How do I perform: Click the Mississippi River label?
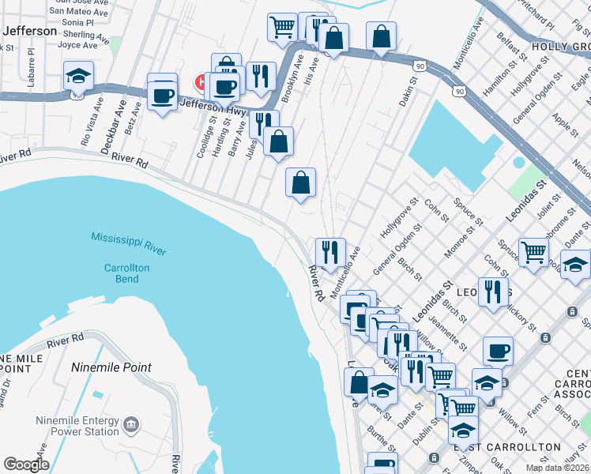(128, 243)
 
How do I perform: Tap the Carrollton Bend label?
(126, 273)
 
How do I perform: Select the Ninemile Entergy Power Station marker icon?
(132, 425)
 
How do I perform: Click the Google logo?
(26, 465)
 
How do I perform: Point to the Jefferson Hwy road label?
(212, 107)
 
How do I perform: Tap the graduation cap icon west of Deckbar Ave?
(78, 77)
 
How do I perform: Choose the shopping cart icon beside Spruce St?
(534, 252)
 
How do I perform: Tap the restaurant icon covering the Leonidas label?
(493, 292)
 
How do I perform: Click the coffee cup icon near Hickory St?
(498, 350)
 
